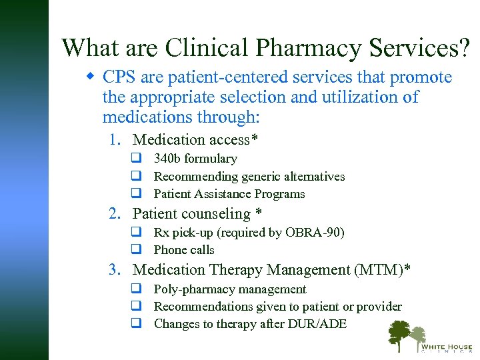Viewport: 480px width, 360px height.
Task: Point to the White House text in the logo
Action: (x=445, y=347)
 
